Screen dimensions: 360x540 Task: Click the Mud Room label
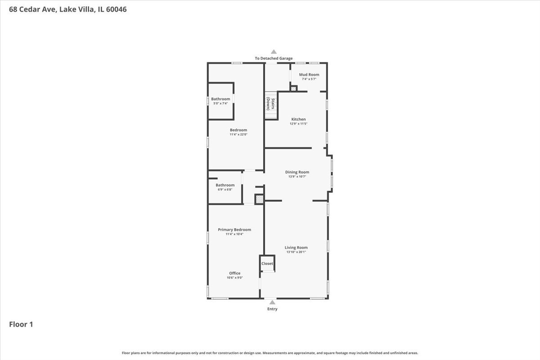(309, 75)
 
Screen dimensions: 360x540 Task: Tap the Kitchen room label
(298, 119)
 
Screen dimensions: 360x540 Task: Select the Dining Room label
(297, 172)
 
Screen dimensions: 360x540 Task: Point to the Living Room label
(296, 247)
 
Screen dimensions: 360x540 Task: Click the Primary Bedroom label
(234, 229)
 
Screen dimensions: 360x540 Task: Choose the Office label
(234, 273)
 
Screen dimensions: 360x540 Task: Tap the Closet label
(267, 264)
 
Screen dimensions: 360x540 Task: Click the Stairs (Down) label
(270, 103)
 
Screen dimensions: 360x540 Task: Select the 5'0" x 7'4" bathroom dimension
(220, 103)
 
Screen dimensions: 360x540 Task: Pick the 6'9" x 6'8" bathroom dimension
(225, 189)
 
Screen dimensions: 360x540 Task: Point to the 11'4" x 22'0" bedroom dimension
(238, 134)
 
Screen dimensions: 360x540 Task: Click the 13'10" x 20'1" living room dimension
(296, 252)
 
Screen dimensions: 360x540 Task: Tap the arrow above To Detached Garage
(273, 52)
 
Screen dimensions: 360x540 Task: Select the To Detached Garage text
(273, 58)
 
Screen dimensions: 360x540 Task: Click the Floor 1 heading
(21, 324)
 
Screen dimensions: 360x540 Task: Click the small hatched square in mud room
(293, 89)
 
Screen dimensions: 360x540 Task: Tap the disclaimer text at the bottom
(270, 353)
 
